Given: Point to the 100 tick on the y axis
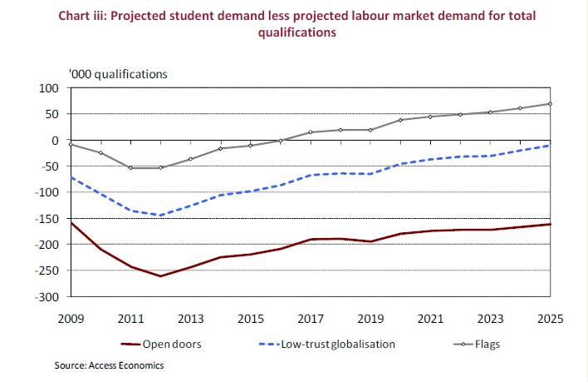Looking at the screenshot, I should tap(54, 88).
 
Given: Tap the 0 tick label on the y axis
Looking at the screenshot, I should tap(60, 141).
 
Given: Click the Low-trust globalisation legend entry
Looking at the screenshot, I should tap(328, 343).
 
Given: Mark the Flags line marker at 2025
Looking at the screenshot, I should tap(549, 104).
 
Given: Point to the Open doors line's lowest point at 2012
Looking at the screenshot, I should tap(160, 276).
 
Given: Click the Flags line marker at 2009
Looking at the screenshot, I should tap(71, 144).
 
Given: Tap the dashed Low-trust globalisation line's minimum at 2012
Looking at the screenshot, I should tap(160, 216).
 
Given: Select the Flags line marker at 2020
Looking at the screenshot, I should tap(399, 120).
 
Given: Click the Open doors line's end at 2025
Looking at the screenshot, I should tap(549, 224).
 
